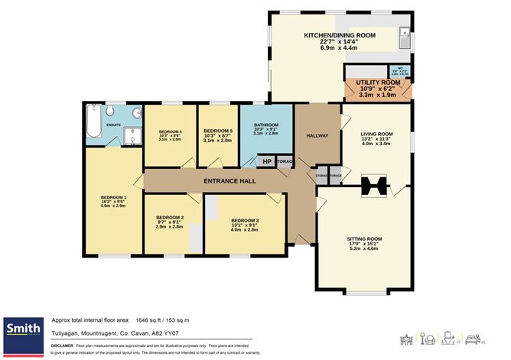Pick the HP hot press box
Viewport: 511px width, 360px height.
click(266, 161)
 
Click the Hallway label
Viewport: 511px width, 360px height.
click(317, 135)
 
